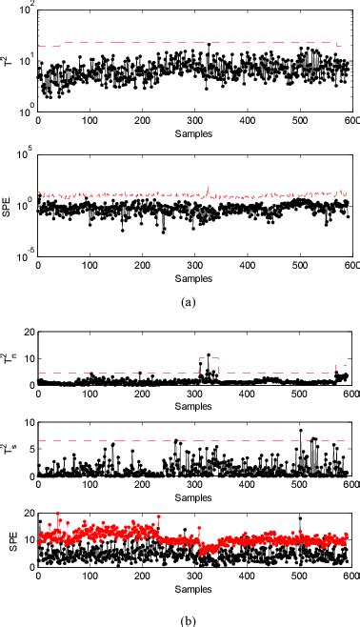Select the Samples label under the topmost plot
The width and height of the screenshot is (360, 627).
pos(194,133)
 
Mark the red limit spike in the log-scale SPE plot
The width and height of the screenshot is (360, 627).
pos(208,188)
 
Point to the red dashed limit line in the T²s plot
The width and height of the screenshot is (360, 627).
pos(143,440)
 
